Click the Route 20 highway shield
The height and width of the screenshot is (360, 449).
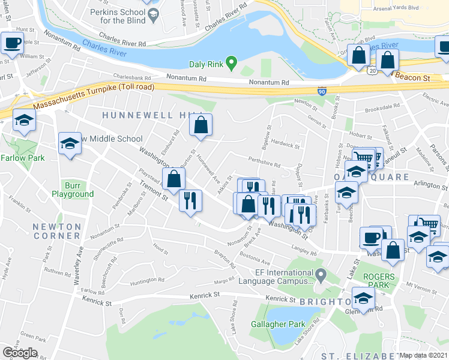pyautogui.click(x=373, y=70)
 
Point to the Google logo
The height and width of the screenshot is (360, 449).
pyautogui.click(x=19, y=352)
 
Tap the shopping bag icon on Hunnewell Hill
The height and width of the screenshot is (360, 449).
pyautogui.click(x=201, y=125)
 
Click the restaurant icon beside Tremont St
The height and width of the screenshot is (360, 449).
pyautogui.click(x=190, y=199)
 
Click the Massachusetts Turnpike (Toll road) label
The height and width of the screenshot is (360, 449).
pyautogui.click(x=93, y=96)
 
